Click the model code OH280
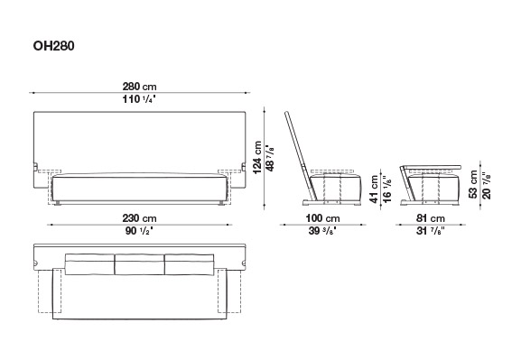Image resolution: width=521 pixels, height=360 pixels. point(53,46)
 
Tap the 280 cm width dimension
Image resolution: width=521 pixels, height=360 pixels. point(139,87)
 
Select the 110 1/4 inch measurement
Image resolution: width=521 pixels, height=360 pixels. point(139,99)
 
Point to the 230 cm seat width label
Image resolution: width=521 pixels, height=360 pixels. point(139,218)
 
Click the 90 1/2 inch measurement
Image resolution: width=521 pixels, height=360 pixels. point(139,231)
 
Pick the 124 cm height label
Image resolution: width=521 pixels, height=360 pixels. point(257,157)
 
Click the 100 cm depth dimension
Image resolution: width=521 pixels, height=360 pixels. point(322,218)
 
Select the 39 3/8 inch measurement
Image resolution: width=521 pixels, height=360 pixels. point(322,231)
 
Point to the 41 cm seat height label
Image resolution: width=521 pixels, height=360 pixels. point(375,189)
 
